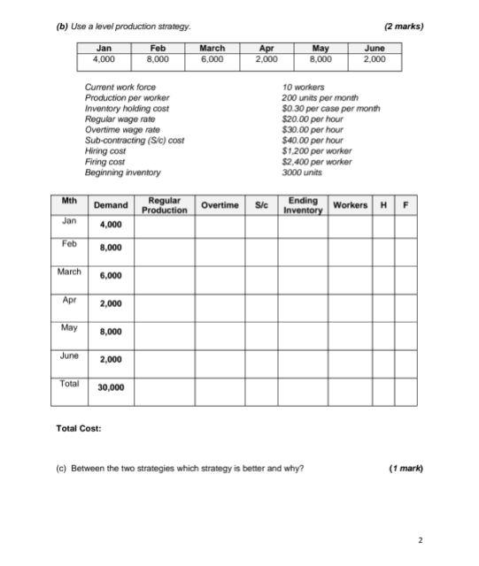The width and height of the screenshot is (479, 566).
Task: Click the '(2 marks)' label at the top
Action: tap(404, 26)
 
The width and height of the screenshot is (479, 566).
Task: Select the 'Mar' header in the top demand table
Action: tap(212, 48)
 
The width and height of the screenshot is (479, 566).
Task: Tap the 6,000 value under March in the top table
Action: tap(212, 60)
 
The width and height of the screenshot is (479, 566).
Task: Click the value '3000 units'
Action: tap(302, 172)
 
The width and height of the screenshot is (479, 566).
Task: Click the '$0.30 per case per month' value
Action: tap(330, 108)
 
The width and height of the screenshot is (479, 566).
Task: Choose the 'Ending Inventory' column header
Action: tap(303, 205)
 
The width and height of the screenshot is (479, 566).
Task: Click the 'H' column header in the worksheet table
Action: tap(382, 205)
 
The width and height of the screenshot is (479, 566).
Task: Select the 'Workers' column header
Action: tap(350, 205)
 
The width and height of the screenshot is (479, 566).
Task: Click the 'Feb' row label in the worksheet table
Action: tap(69, 242)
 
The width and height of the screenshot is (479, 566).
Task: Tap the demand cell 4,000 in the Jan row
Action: tap(111, 225)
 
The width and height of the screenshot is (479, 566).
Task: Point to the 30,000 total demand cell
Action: tap(111, 387)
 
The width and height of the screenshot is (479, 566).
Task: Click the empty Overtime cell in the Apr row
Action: tap(220, 305)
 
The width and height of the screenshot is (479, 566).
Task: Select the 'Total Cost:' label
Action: tap(79, 428)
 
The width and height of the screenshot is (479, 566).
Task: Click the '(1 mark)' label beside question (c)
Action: tap(406, 468)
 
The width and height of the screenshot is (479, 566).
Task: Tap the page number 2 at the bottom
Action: tap(421, 539)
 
